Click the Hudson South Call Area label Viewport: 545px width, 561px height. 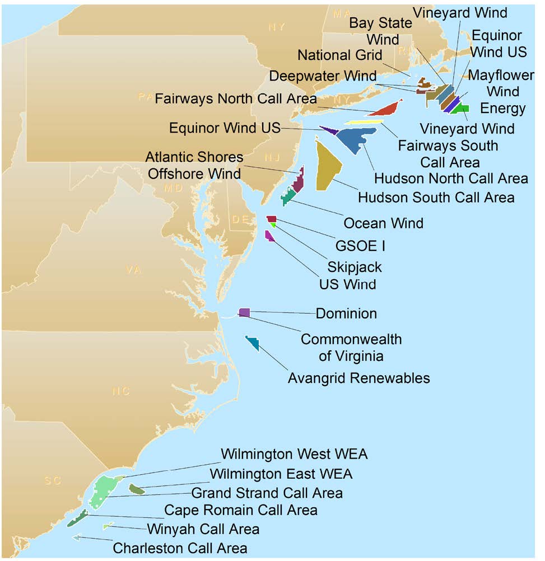[436, 197]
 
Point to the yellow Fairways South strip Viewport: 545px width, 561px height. [364, 121]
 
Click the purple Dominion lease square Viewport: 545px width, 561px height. [244, 312]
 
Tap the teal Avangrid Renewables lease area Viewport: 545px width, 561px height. [253, 343]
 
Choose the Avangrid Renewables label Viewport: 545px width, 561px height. [358, 378]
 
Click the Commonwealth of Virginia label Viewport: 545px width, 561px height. [351, 347]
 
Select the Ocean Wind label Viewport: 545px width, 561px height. [383, 223]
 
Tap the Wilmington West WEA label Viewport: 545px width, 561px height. [294, 453]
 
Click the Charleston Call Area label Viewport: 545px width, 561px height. [180, 548]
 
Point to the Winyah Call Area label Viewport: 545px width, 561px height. [203, 529]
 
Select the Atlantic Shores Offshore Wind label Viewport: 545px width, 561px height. [194, 165]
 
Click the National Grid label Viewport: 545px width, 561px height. [339, 55]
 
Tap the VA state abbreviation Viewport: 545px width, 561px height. [133, 270]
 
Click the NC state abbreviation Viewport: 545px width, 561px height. [121, 391]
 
